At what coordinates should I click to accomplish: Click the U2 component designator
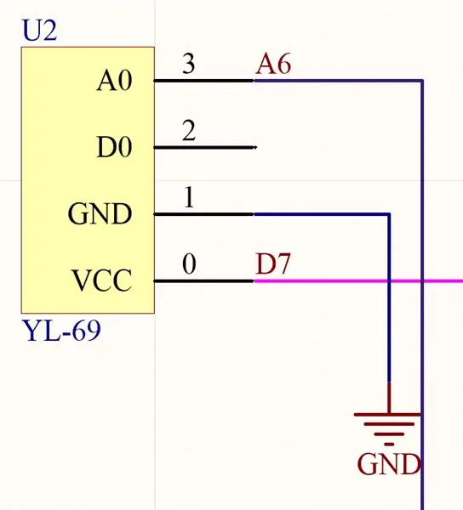(x=39, y=31)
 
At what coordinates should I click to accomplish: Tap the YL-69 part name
(x=62, y=331)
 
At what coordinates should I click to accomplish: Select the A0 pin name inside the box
(x=114, y=81)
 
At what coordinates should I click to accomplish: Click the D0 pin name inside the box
(x=114, y=147)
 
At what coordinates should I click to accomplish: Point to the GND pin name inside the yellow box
(x=100, y=213)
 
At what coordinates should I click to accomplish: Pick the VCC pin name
(x=102, y=280)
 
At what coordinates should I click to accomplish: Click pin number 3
(x=189, y=63)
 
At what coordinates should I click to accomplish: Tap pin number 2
(x=189, y=130)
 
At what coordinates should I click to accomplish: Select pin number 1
(x=189, y=197)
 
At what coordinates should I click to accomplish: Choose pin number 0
(x=189, y=263)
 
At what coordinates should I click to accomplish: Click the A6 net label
(x=273, y=64)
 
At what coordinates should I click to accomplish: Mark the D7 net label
(x=273, y=263)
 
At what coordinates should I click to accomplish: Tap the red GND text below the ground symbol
(x=389, y=464)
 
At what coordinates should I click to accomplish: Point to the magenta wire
(x=358, y=280)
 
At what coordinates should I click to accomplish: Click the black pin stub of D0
(x=205, y=147)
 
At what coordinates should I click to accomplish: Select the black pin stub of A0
(x=203, y=81)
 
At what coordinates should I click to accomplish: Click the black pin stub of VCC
(x=203, y=280)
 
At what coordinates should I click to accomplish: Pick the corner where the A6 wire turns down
(x=422, y=81)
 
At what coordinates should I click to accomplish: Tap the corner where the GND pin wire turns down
(x=389, y=214)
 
